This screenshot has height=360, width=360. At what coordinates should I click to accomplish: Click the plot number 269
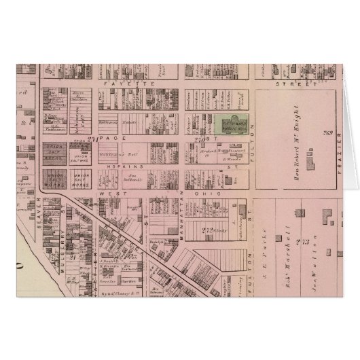(327, 132)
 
